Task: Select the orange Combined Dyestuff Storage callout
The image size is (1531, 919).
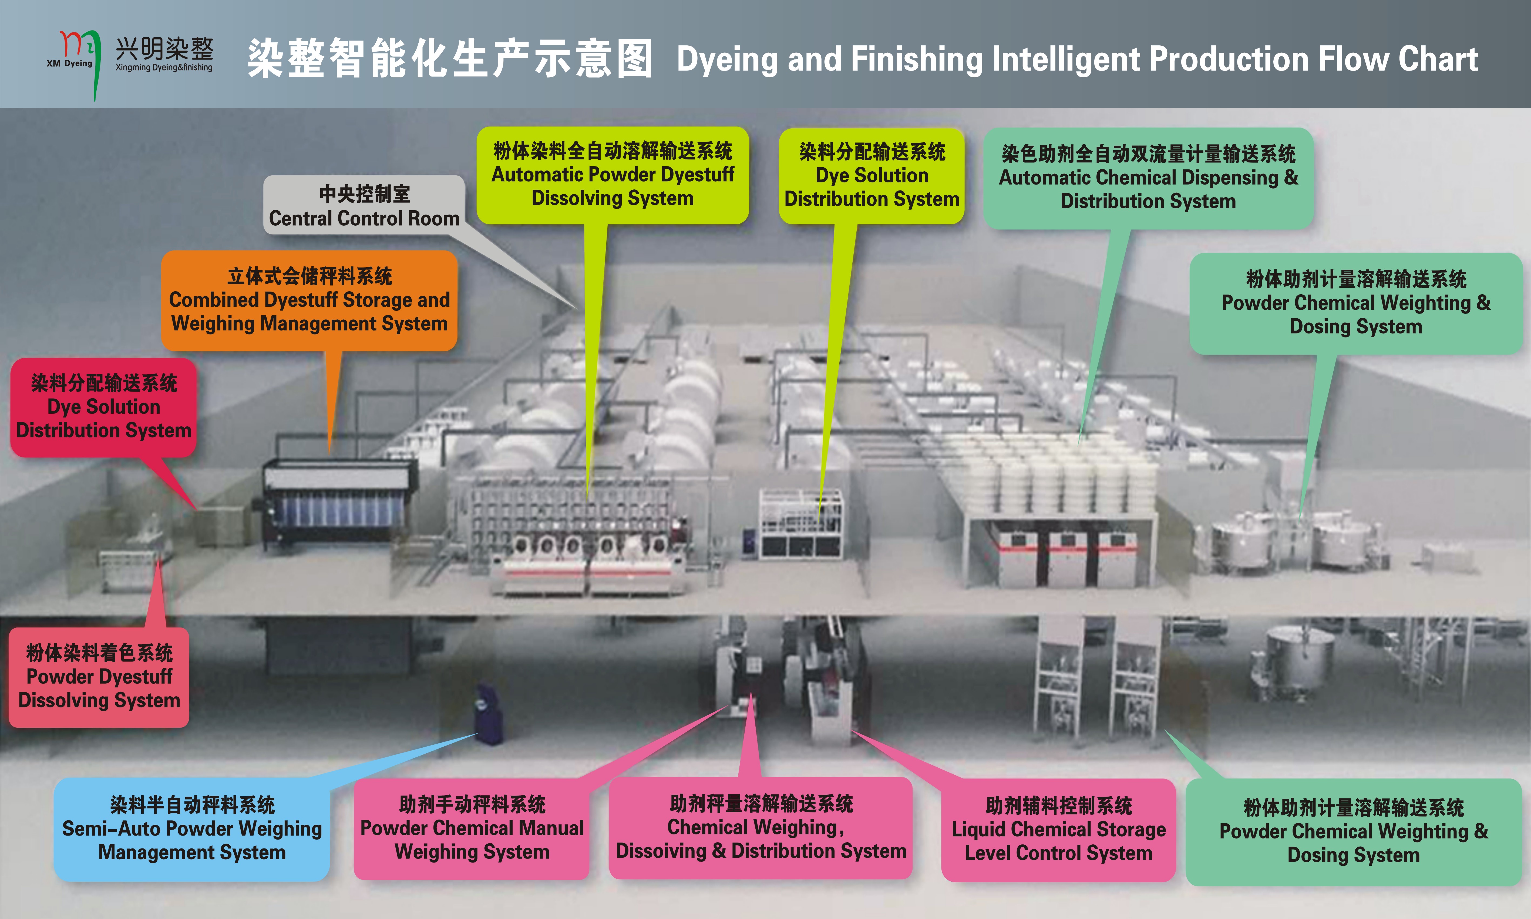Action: (x=309, y=300)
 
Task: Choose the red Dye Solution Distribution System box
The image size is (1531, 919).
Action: (x=103, y=407)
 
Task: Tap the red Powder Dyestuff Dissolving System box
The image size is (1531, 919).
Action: (x=99, y=677)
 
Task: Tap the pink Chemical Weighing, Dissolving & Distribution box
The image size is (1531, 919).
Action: (x=761, y=827)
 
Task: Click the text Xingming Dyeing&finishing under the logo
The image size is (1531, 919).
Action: (x=164, y=68)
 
